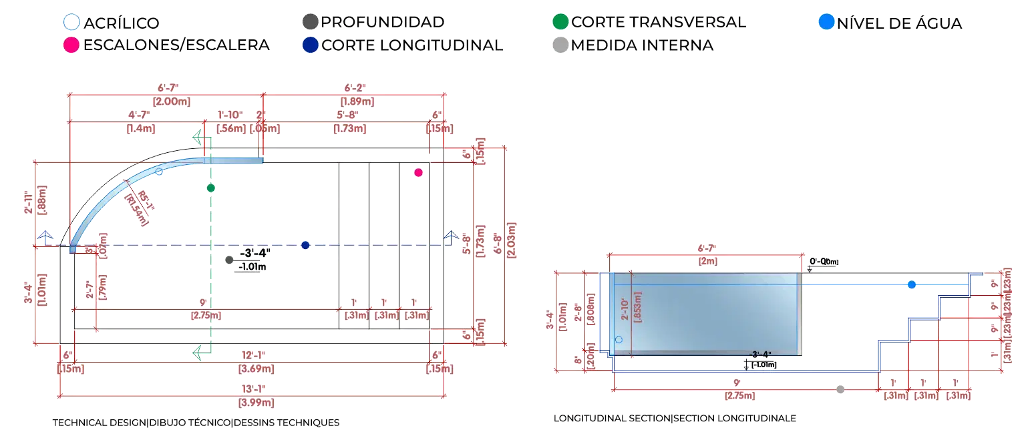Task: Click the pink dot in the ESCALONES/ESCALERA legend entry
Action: click(69, 45)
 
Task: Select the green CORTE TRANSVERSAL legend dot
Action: click(561, 22)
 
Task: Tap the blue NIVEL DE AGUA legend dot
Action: click(826, 22)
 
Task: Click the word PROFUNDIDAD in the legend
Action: click(382, 22)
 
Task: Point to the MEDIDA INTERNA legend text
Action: click(643, 45)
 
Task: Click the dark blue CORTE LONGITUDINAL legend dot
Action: click(310, 45)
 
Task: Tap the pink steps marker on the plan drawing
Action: click(419, 172)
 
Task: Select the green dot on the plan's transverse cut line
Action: click(211, 188)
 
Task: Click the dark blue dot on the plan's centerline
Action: click(305, 245)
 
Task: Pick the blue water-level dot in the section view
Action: click(912, 284)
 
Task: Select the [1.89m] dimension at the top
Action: click(357, 101)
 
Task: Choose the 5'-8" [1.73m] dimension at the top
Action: click(348, 121)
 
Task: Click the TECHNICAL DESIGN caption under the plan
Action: click(196, 423)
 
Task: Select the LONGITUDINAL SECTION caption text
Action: click(674, 418)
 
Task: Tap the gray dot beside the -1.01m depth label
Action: click(230, 260)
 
